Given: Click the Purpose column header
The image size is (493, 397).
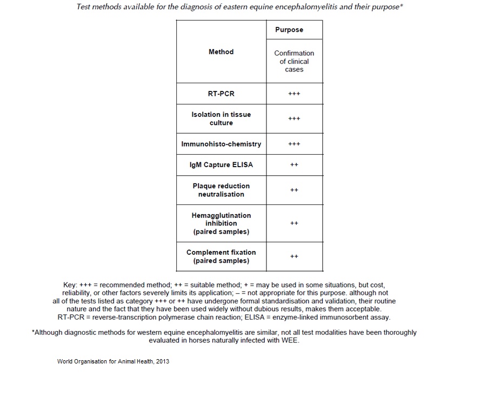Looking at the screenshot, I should coord(289,30).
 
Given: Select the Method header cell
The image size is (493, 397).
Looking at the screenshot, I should coord(221,52).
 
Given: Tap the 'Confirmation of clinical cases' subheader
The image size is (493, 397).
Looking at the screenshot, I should coord(294,61).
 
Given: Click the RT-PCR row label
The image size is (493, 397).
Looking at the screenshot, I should coord(221,94).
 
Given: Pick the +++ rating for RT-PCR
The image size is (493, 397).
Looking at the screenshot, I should coord(294,94).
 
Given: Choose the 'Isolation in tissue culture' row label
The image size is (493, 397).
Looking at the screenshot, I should coord(221,118).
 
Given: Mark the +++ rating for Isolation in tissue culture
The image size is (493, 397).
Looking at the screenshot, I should coord(294,118).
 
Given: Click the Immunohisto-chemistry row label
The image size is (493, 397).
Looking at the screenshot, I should coord(221,144).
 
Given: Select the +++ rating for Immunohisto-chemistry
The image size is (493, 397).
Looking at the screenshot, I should coord(294,144).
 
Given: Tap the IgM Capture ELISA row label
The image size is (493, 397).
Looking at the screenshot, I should coord(221,164).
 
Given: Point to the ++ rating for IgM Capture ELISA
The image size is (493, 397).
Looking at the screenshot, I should coord(294,164).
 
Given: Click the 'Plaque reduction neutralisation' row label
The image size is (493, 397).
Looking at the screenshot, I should coord(221,190).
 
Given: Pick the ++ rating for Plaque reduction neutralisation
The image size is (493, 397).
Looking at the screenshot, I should coord(294,190).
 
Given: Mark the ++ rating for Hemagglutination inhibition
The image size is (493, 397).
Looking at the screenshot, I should coord(294,223).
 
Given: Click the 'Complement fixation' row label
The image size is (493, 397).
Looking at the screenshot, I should coord(221,256).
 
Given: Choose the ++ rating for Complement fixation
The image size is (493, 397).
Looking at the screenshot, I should coord(294,256).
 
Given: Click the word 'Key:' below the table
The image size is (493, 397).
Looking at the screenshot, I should coord(70,284).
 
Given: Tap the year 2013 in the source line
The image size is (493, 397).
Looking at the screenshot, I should coord(162,361).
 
